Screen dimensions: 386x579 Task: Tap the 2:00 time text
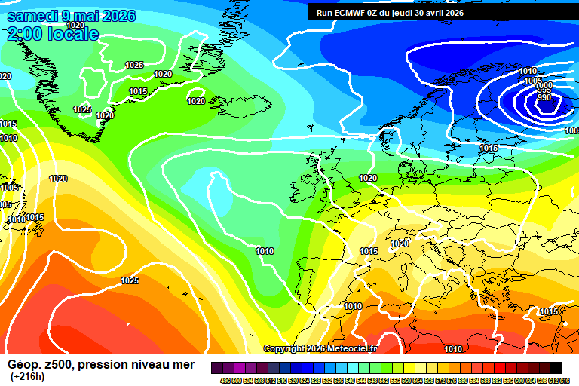tap(24, 34)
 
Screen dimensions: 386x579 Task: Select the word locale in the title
tap(72, 34)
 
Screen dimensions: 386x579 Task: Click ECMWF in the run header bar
tap(351, 13)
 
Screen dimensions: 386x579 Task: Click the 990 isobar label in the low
tap(544, 97)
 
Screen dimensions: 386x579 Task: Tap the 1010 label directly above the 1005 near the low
tap(528, 72)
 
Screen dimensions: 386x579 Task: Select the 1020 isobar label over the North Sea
tap(368, 179)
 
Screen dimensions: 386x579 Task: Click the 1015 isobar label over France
tap(369, 252)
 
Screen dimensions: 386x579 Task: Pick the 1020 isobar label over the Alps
tap(400, 244)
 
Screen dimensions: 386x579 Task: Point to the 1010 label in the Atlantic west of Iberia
tap(265, 252)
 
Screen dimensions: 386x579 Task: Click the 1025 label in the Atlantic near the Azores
tap(130, 281)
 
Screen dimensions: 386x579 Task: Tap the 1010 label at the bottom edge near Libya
tap(453, 349)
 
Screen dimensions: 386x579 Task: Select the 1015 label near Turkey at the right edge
tap(549, 311)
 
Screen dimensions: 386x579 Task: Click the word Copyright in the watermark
tap(286, 349)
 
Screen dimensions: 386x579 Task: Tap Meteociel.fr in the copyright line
tap(354, 349)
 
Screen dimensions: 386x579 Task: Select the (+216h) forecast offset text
tap(27, 376)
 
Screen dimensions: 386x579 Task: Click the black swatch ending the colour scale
tap(556, 367)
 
